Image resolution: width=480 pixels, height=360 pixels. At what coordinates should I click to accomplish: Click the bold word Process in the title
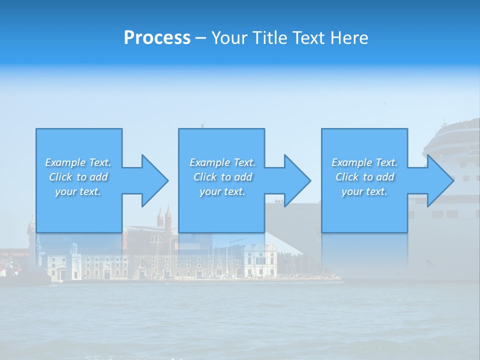[x=157, y=38]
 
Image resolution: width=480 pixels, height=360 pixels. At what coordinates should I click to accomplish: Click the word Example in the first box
[x=65, y=162]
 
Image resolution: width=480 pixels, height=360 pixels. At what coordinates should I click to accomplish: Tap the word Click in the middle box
[x=204, y=177]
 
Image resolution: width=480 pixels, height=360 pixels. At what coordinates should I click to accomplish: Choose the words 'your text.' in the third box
[x=364, y=191]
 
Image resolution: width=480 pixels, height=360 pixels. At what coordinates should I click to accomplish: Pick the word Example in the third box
[x=352, y=162]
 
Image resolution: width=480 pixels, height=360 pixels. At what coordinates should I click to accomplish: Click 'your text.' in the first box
[x=78, y=191]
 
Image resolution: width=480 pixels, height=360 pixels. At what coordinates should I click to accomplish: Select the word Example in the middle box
[x=210, y=162]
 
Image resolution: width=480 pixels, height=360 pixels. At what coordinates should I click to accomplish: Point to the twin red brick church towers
[x=164, y=217]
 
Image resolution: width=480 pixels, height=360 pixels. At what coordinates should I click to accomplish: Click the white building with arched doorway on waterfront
[x=260, y=260]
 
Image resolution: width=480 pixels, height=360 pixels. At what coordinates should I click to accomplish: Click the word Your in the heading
[x=228, y=38]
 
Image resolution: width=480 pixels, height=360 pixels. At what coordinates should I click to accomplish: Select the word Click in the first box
[x=60, y=177]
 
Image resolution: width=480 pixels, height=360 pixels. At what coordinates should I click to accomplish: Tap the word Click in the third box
[x=347, y=177]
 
